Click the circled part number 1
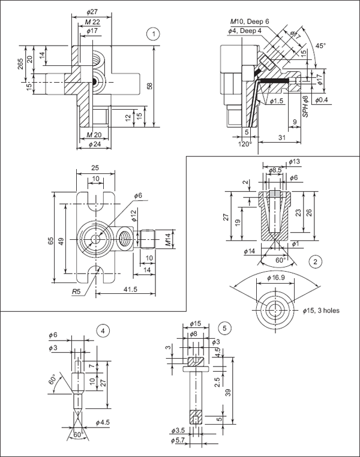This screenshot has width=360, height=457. point(155,34)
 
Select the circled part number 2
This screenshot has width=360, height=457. point(315,261)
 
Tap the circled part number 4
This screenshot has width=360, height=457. point(104,330)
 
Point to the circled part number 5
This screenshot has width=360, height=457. point(224,328)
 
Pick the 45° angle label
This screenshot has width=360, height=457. point(320,46)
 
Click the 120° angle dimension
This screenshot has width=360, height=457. point(244,144)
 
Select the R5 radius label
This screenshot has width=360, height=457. point(75,291)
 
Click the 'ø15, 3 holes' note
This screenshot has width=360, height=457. point(325,310)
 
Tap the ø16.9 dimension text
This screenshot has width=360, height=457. point(276,278)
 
